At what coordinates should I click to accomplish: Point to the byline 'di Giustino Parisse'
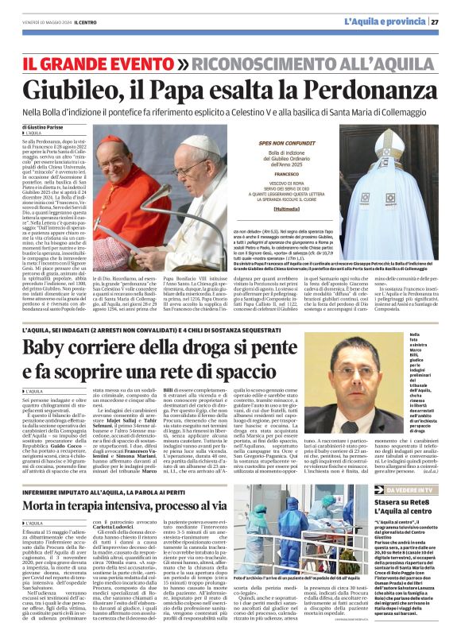point(44,127)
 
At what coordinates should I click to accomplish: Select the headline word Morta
point(46,504)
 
